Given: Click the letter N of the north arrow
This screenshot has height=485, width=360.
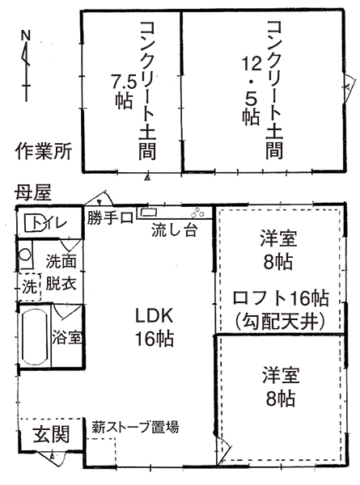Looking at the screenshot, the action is click(26, 36).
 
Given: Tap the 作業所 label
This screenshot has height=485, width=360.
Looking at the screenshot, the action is click(44, 151).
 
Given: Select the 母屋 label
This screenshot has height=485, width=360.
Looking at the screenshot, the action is click(32, 193).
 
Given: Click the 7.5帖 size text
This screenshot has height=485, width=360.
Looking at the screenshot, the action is click(124, 92).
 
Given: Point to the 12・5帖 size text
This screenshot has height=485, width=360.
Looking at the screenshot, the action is click(251, 91).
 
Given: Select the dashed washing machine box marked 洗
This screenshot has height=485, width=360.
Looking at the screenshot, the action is click(29, 287).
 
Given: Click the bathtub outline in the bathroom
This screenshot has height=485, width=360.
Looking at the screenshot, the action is click(34, 337).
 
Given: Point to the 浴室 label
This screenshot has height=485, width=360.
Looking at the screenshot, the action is click(67, 337).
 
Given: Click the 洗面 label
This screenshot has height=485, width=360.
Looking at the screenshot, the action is click(61, 261).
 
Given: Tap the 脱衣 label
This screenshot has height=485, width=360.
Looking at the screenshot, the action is click(61, 283).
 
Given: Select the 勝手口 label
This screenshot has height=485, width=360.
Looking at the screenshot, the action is click(110, 218).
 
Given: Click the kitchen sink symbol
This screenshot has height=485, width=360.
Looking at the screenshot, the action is click(149, 212).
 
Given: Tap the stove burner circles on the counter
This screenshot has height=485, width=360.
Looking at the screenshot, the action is click(197, 212).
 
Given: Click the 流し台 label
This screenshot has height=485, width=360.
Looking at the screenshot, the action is click(174, 230).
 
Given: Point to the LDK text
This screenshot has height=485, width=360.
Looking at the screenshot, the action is click(154, 316).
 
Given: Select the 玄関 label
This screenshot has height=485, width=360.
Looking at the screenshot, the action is click(52, 434).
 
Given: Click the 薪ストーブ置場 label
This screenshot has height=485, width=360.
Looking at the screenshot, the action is click(135, 427).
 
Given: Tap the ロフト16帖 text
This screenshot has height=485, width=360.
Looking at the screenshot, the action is click(281, 298).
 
